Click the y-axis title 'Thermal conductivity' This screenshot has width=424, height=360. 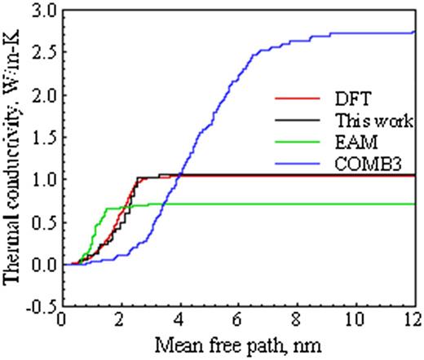pos(14,159)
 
